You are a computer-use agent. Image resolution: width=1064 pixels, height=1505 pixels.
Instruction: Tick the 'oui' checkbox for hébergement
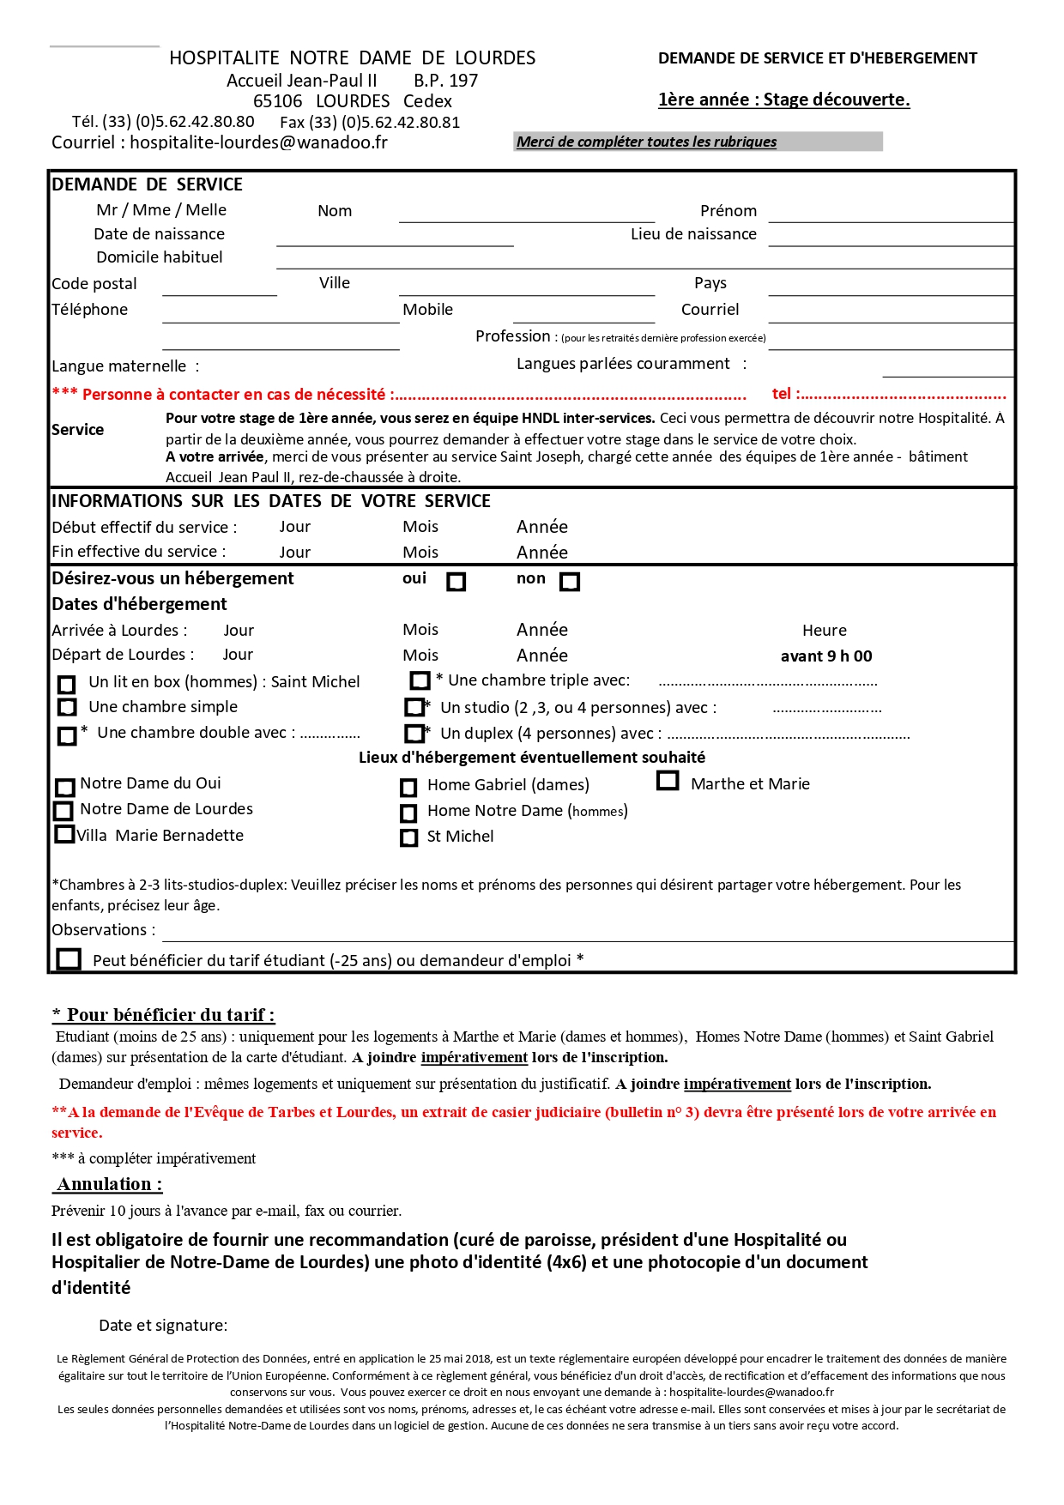click(x=456, y=582)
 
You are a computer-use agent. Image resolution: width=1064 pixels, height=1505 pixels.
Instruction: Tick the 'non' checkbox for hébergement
click(x=570, y=582)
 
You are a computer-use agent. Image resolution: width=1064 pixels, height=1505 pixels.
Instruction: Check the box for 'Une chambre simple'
click(x=67, y=708)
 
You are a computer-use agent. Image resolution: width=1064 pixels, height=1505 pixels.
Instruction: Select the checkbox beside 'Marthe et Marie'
click(x=668, y=781)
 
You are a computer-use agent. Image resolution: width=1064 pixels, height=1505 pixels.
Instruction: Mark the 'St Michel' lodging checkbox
click(x=409, y=837)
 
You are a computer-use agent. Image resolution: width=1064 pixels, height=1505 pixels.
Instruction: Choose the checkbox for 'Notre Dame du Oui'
click(x=65, y=787)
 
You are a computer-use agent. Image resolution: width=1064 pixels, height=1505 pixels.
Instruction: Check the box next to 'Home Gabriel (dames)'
click(x=409, y=787)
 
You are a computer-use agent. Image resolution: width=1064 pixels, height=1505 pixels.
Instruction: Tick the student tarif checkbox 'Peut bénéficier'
click(x=69, y=958)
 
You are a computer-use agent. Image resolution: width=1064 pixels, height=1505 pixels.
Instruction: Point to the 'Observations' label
click(x=103, y=930)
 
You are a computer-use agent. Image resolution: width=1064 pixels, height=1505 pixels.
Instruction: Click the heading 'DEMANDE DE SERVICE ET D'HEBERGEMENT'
click(x=818, y=58)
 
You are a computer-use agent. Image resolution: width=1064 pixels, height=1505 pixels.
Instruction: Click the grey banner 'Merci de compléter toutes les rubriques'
click(x=698, y=142)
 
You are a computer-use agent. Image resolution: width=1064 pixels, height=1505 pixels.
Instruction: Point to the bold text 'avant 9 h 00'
click(x=826, y=656)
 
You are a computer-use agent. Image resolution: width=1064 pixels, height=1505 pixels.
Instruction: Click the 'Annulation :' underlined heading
click(x=109, y=1184)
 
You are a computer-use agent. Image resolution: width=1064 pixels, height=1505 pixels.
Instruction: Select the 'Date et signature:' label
click(x=163, y=1326)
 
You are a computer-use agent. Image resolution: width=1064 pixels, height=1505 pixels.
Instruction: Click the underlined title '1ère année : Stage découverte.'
click(x=783, y=100)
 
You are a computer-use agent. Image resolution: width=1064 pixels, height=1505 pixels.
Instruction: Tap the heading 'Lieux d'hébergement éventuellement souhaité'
click(x=532, y=758)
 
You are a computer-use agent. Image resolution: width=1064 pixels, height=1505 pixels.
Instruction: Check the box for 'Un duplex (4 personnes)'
click(x=414, y=734)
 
